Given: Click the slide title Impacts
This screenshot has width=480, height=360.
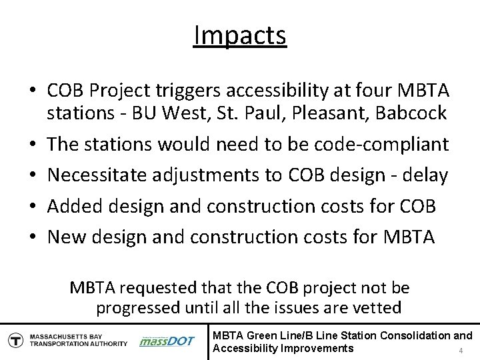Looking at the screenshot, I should coord(240,35).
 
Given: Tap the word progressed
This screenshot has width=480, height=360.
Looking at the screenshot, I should coord(138,308).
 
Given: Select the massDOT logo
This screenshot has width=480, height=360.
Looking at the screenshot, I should coord(167,341).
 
